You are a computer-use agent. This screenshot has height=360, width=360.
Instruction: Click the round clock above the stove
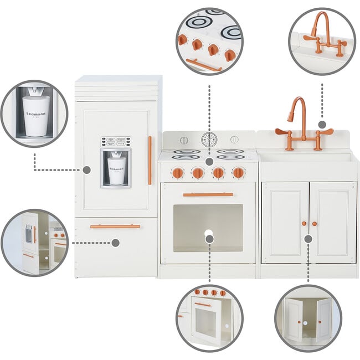pyautogui.click(x=209, y=140)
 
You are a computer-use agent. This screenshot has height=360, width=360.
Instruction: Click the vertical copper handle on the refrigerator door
pyautogui.click(x=150, y=160)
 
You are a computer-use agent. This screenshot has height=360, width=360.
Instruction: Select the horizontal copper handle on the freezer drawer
pyautogui.click(x=115, y=226)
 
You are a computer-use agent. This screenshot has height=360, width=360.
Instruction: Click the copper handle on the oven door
pyautogui.click(x=208, y=194)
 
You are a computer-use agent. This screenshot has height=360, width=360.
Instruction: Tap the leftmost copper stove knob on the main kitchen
pyautogui.click(x=178, y=173)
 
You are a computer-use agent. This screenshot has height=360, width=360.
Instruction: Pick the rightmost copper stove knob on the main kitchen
pyautogui.click(x=238, y=173)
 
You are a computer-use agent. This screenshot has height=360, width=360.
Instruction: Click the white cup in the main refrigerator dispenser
pyautogui.click(x=116, y=164)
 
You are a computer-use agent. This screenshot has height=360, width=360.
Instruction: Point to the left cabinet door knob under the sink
pyautogui.click(x=304, y=224)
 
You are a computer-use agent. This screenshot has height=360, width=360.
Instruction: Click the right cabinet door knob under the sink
pyautogui.click(x=314, y=224)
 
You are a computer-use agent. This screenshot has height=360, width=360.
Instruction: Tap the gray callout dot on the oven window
pyautogui.click(x=209, y=238)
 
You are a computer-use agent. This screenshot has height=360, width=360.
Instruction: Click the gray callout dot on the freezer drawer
pyautogui.click(x=115, y=243)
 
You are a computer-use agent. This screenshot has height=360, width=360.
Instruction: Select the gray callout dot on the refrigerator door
pyautogui.click(x=86, y=170)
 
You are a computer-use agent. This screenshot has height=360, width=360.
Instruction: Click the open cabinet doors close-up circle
pyautogui.click(x=308, y=318)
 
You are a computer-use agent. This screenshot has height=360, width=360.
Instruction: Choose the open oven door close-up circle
pyautogui.click(x=209, y=318)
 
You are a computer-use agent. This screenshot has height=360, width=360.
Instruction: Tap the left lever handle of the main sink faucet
pyautogui.click(x=282, y=132)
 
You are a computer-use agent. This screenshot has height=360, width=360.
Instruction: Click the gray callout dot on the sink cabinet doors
pyautogui.click(x=308, y=239)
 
